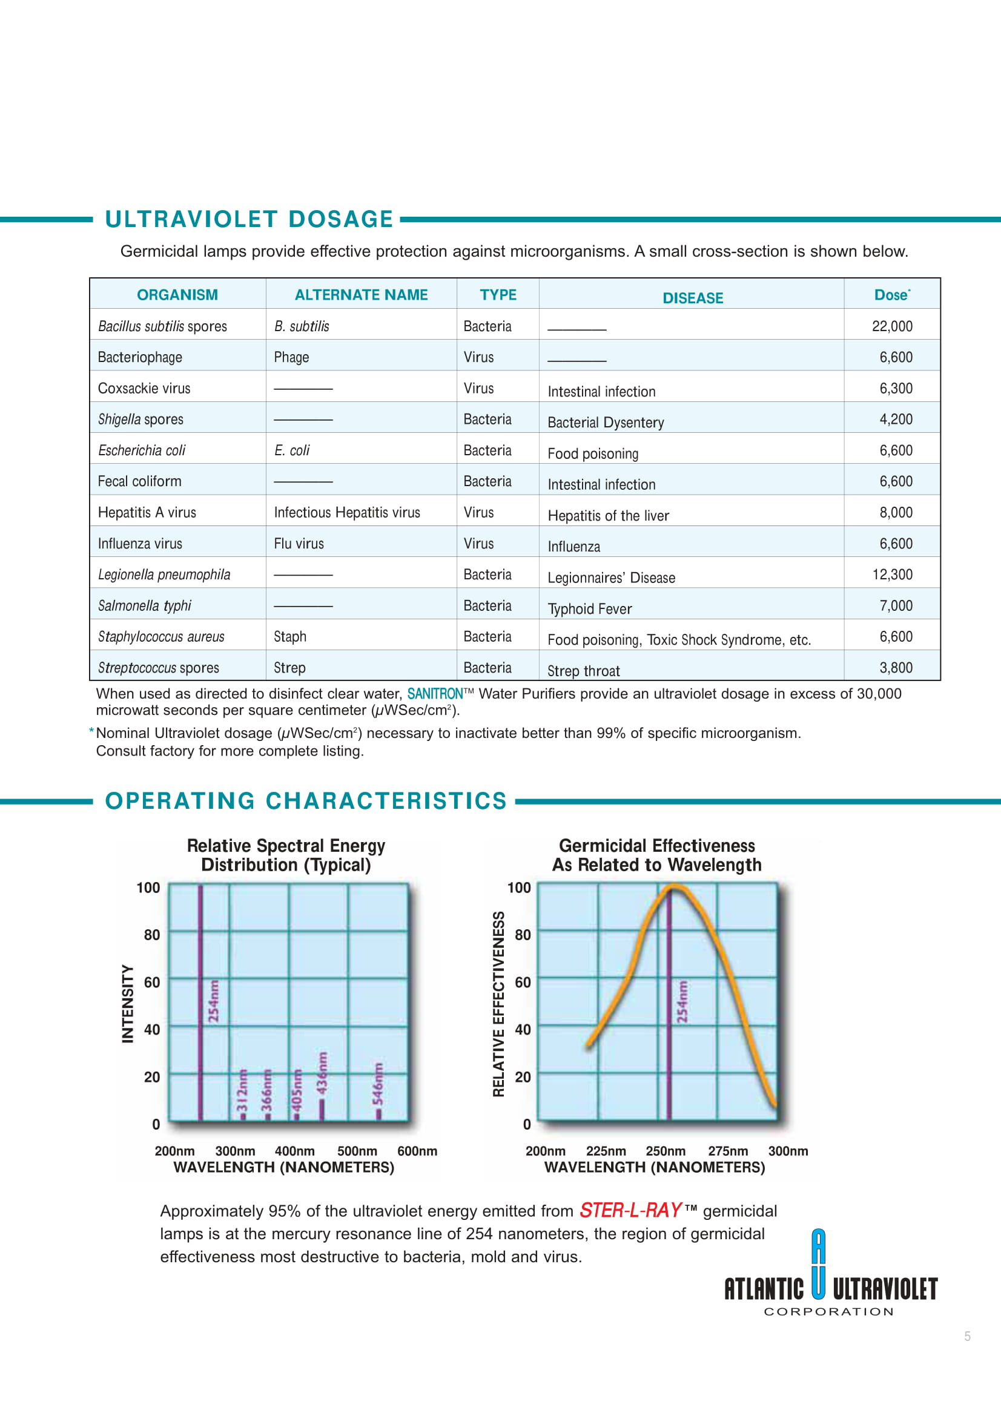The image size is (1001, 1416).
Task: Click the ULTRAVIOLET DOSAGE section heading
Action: click(x=248, y=219)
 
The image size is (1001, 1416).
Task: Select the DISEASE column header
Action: click(x=692, y=298)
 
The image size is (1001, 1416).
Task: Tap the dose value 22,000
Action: click(x=891, y=326)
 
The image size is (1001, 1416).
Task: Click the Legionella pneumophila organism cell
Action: click(x=164, y=575)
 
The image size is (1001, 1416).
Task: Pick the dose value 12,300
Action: click(x=891, y=575)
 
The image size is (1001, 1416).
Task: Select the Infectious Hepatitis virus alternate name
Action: click(x=346, y=513)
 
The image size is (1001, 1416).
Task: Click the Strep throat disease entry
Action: click(x=583, y=671)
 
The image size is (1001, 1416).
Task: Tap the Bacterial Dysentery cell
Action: click(x=605, y=423)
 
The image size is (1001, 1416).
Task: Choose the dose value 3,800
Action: click(x=896, y=668)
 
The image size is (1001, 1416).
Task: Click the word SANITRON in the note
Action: click(x=435, y=694)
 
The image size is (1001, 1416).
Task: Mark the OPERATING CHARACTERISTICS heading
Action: click(x=306, y=800)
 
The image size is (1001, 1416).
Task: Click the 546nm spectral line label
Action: click(x=377, y=1083)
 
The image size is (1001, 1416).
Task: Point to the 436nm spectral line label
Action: click(x=322, y=1073)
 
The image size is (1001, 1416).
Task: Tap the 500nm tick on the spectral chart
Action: click(x=357, y=1151)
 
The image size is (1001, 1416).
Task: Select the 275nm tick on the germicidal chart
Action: click(x=728, y=1151)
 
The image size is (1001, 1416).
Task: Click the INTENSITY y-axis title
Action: click(x=128, y=1003)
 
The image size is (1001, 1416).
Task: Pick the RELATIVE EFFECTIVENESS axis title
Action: click(x=498, y=1003)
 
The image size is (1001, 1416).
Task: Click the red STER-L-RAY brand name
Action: click(x=630, y=1211)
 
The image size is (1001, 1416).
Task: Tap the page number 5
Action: click(x=967, y=1336)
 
